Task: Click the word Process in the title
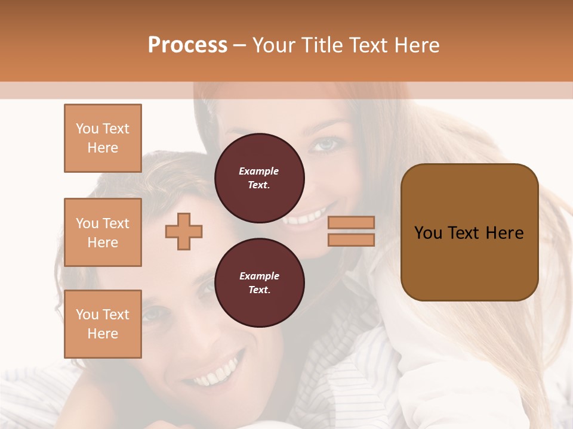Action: [x=187, y=45]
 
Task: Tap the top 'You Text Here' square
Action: [x=103, y=138]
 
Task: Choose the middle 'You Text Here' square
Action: [x=103, y=232]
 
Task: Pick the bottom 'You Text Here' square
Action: [x=103, y=324]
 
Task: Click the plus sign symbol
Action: [x=184, y=231]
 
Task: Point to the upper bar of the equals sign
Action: [x=352, y=222]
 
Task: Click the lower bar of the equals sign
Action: [x=352, y=240]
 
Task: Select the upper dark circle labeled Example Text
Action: [x=259, y=178]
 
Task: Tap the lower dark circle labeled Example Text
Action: [x=259, y=282]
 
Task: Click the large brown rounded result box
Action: [x=469, y=232]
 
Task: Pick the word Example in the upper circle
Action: [x=259, y=171]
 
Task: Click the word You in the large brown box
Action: [x=428, y=233]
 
